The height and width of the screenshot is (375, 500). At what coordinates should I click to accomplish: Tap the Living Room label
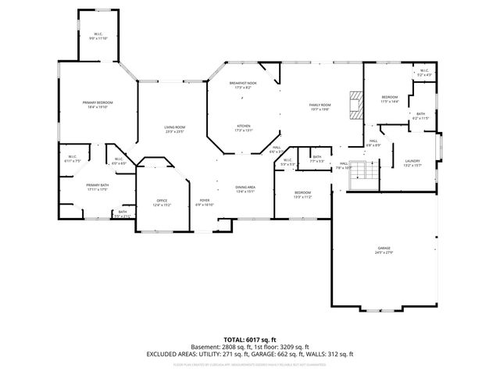(173, 129)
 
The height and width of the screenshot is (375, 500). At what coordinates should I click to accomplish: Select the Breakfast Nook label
(240, 85)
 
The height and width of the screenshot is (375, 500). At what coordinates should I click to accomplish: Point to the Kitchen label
(244, 127)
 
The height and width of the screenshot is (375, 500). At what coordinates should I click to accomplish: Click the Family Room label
(320, 107)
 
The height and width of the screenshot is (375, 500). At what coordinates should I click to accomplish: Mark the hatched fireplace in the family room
(356, 105)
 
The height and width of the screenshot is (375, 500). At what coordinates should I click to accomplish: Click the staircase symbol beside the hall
(362, 173)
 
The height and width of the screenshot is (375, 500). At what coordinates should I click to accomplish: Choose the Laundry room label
(412, 163)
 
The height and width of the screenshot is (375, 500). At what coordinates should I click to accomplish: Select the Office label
(162, 202)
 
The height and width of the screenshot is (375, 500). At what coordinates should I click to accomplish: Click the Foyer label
(204, 202)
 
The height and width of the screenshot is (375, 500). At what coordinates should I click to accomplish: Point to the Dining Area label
(246, 188)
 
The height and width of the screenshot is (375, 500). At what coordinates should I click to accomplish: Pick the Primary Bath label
(97, 187)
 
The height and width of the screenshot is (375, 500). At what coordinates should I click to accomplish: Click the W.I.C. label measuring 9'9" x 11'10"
(98, 36)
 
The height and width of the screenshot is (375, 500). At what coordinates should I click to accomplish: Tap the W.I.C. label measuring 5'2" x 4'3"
(423, 73)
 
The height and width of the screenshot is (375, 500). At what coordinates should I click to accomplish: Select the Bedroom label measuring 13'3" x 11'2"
(302, 195)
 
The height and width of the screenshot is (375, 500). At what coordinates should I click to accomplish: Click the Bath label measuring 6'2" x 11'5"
(420, 116)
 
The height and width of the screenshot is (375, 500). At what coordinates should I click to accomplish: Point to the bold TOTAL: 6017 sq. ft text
(249, 340)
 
